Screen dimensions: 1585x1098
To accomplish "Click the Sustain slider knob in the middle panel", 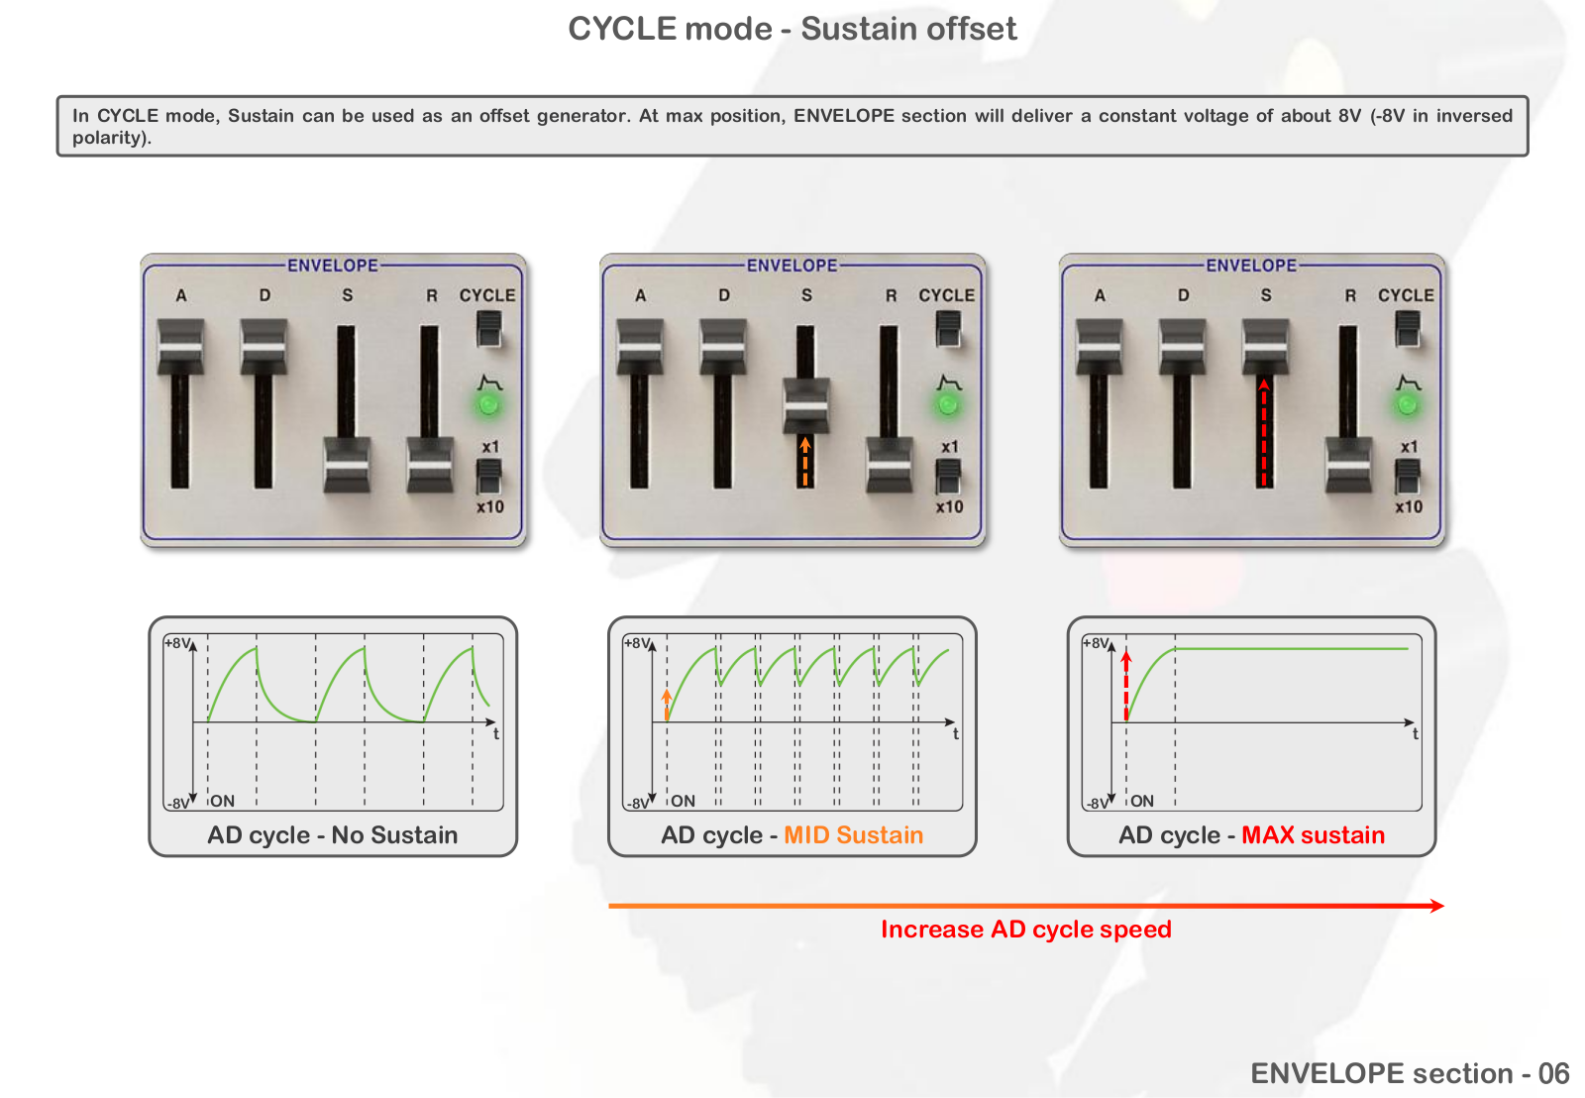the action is pos(806,405).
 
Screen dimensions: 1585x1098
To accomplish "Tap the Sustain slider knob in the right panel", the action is pos(1265,346).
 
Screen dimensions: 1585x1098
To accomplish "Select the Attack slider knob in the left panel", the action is pos(180,346).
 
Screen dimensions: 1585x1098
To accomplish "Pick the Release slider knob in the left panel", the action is pos(430,465).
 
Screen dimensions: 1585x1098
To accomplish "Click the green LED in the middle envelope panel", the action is pos(947,405).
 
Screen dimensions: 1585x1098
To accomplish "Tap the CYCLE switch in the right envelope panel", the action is pos(1408,329).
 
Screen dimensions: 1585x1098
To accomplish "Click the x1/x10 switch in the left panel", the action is pos(489,476).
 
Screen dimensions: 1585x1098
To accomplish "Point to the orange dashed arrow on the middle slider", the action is pos(805,462).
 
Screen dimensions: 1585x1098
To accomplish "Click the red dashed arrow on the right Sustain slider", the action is pos(1264,432).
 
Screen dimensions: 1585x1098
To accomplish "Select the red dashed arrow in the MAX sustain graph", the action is pos(1126,686).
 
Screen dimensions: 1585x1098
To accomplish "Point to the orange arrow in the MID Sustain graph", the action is pos(667,706).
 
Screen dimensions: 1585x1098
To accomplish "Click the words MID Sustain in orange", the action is pos(853,834).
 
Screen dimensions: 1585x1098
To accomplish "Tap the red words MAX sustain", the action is pos(1313,834).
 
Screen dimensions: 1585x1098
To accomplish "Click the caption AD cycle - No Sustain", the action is pos(333,834).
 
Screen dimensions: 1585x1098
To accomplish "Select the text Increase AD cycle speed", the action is pos(1026,929).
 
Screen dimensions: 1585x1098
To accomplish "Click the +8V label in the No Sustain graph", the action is pos(177,643).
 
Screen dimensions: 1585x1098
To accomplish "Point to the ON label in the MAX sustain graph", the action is pos(1142,801).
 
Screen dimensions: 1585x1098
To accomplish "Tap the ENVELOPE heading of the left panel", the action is pos(333,266).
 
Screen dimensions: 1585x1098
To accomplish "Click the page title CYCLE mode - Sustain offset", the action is pos(792,29).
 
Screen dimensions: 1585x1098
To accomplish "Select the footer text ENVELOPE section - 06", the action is pos(1410,1073).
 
